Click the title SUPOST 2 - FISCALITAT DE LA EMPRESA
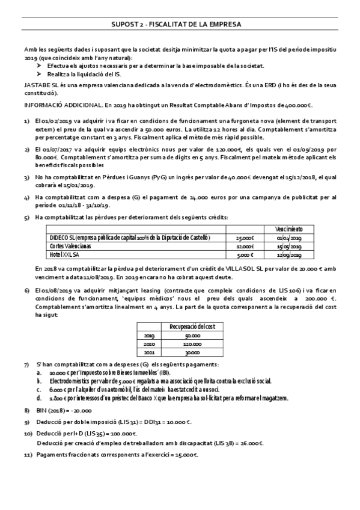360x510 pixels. [x=180, y=24]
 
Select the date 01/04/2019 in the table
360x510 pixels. [x=294, y=238]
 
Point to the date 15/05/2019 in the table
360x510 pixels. [x=294, y=246]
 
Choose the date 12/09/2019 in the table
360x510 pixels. [x=294, y=254]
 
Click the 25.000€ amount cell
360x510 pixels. [x=246, y=238]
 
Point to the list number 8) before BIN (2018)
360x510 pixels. [x=26, y=410]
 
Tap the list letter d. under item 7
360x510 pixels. [x=38, y=398]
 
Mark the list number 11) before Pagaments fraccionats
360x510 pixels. [x=28, y=455]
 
